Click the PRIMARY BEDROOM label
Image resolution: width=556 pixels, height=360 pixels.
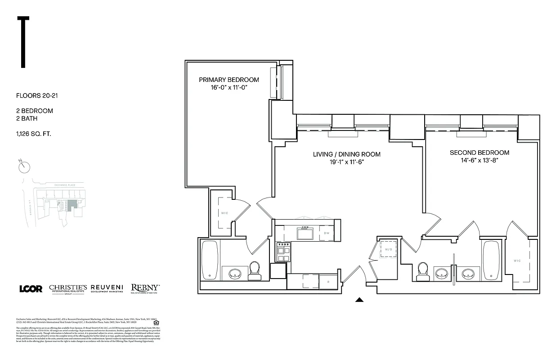click(x=229, y=80)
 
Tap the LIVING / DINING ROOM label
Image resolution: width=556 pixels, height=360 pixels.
click(x=346, y=154)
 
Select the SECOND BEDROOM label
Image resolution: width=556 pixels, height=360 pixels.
click(x=480, y=153)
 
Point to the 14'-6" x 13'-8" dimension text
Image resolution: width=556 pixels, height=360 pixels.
click(x=480, y=160)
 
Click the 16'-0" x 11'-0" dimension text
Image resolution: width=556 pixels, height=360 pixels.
click(x=229, y=88)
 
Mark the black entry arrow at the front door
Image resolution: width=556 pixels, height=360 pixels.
click(x=359, y=300)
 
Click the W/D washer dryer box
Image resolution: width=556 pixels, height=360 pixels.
click(x=387, y=249)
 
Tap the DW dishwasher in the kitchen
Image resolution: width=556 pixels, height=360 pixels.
click(x=327, y=233)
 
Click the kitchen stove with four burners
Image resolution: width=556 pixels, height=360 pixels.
click(x=283, y=252)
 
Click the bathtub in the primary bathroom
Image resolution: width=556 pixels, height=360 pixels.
click(x=210, y=260)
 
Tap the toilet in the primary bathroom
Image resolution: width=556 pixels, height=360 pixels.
click(x=254, y=270)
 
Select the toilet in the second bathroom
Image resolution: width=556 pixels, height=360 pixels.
click(x=423, y=271)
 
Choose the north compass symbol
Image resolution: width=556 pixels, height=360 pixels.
click(x=24, y=166)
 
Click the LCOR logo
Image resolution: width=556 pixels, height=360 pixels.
click(x=31, y=288)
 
